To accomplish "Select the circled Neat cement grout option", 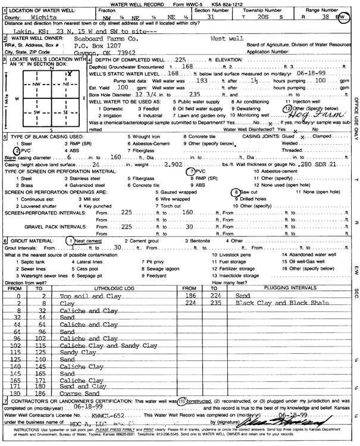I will pyautogui.click(x=84, y=240).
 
